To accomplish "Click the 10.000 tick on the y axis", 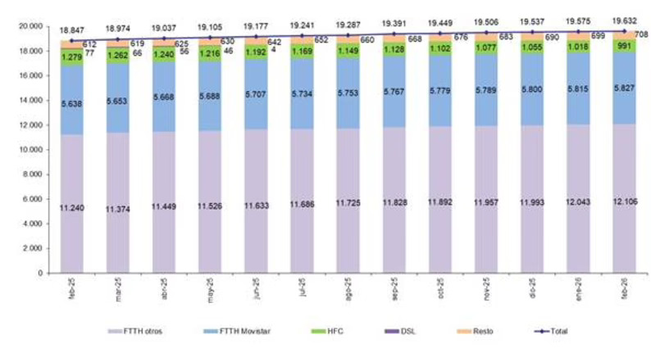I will pos(32,150).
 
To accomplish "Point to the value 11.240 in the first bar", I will pos(72,210).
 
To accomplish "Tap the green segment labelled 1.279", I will pos(72,56).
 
